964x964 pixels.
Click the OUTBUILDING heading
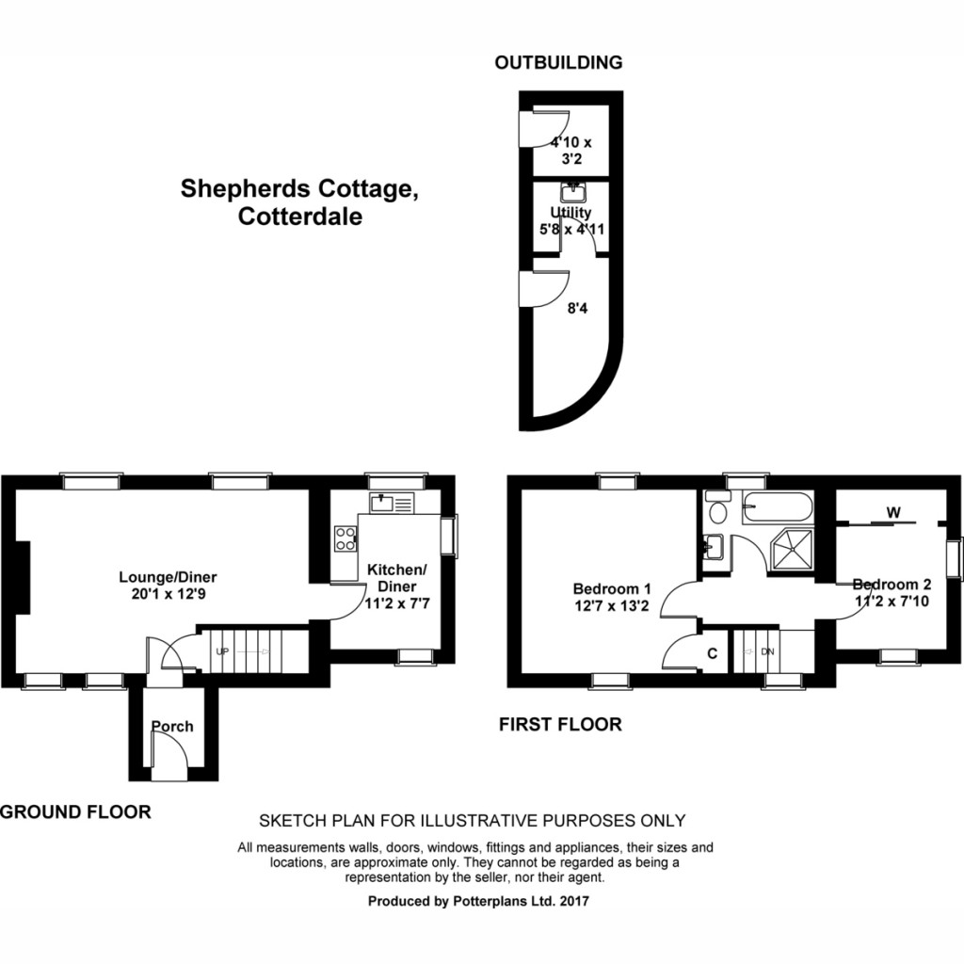click(x=559, y=63)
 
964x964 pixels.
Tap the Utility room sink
click(x=571, y=193)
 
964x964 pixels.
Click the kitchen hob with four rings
click(x=345, y=538)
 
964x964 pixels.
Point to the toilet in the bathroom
click(x=717, y=512)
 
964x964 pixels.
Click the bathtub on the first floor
click(x=777, y=508)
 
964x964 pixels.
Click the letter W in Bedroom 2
click(x=892, y=512)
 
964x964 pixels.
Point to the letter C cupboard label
click(x=712, y=652)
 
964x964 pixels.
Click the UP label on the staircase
click(x=223, y=651)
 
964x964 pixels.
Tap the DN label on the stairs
click(x=767, y=651)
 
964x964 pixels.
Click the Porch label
click(x=172, y=726)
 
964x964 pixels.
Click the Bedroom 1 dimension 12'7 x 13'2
click(x=611, y=606)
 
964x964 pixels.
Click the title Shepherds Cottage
click(x=298, y=189)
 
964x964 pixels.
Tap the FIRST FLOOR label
click(x=560, y=724)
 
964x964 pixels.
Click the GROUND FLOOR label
click(x=75, y=811)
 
